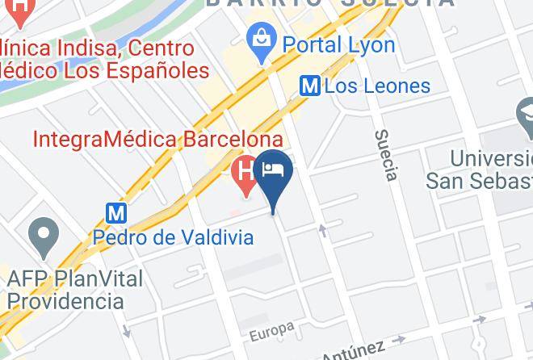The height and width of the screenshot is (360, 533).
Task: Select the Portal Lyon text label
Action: [338, 44]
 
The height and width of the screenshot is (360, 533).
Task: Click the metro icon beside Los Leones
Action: [309, 85]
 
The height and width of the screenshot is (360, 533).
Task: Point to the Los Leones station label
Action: [377, 86]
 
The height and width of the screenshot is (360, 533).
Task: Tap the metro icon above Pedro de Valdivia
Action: [117, 212]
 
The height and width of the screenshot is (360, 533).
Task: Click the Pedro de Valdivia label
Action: [174, 237]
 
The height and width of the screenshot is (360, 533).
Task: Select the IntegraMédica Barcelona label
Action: [157, 140]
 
